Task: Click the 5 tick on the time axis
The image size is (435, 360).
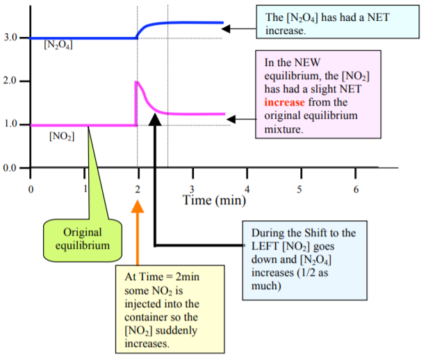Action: [x=300, y=190]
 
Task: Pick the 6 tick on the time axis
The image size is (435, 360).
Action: [x=355, y=190]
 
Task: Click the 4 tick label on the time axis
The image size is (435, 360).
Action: [x=246, y=190]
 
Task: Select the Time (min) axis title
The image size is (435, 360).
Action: [x=211, y=201]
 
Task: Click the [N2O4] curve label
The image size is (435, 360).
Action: [x=58, y=47]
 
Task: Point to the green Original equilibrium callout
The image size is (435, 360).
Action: [x=82, y=238]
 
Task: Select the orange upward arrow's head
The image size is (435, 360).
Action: [x=138, y=205]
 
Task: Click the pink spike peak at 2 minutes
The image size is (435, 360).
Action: [x=138, y=82]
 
